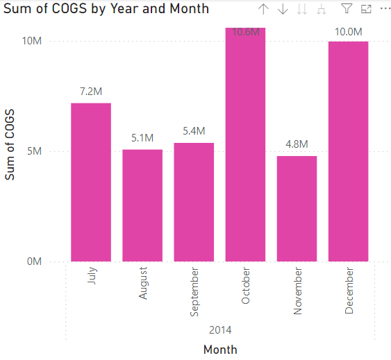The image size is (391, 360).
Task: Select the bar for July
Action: tap(90, 182)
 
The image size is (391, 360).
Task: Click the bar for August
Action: tap(142, 205)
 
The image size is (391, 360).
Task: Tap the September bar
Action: tap(194, 202)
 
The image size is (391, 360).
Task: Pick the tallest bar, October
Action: tap(245, 146)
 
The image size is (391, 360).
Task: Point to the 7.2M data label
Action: tap(90, 92)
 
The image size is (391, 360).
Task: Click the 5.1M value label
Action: tap(142, 138)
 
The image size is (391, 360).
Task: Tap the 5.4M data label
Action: tap(194, 131)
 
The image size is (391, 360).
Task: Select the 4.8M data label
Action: tap(297, 144)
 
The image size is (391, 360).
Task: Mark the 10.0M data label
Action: tap(348, 31)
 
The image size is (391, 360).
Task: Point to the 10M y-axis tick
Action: tap(33, 41)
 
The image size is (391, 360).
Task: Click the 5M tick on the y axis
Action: tap(35, 151)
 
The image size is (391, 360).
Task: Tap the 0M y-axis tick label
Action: tap(35, 262)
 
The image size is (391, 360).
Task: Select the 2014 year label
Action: tap(219, 329)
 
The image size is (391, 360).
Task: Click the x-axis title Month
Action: tap(219, 349)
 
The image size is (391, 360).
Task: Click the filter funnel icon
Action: tap(347, 9)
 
